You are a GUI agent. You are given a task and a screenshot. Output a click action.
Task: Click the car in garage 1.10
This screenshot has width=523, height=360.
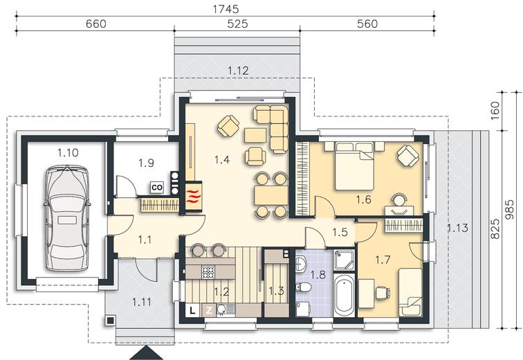coord(67,219)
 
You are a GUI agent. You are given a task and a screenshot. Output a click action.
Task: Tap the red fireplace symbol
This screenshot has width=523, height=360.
coord(193,197)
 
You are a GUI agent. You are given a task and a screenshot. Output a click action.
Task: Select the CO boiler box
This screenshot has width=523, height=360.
coord(157,188)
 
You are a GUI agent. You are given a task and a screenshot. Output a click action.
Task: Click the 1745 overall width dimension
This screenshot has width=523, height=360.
coord(226,9)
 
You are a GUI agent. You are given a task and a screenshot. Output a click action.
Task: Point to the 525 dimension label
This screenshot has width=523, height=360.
coord(237,24)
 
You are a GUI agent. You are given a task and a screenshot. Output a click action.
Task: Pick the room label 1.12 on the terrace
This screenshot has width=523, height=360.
coord(238,71)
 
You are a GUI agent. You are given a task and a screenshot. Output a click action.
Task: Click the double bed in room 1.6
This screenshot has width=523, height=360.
coord(354,166)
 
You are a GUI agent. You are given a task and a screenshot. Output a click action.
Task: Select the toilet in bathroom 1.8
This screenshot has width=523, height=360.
coord(303,287)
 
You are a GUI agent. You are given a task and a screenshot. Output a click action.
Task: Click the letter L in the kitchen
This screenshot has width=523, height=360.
coord(192,311)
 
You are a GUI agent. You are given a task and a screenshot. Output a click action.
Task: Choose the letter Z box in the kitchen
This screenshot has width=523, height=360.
coord(209,311)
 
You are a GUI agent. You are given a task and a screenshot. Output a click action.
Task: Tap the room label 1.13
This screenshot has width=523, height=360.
coord(457,228)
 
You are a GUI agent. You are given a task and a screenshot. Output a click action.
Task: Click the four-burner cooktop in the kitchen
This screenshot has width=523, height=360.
coord(208,272)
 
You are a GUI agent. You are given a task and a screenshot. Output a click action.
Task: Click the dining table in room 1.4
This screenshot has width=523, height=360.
coord(271,195)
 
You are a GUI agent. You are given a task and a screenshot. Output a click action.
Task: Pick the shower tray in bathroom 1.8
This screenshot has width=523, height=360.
coord(345,260)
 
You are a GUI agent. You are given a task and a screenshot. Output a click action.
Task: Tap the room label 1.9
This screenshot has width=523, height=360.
coord(146,163)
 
